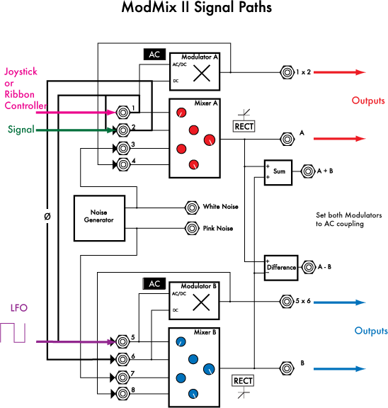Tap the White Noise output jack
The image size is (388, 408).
191,208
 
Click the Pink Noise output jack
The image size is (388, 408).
191,228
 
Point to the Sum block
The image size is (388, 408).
278,172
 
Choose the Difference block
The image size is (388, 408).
280,267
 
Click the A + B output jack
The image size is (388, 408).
309,171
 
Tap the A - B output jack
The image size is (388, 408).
309,267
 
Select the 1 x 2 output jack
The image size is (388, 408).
287,72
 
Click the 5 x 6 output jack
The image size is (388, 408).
287,300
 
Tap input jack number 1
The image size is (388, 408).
123,112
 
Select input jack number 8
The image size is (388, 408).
123,392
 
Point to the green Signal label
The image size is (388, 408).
21,130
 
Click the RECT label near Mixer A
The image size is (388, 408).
243,127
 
